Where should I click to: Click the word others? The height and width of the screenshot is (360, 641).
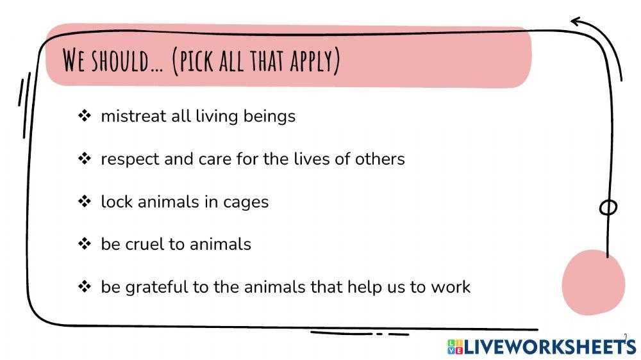(379, 158)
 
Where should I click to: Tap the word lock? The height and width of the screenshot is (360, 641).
(114, 202)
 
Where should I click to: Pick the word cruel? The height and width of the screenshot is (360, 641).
(144, 244)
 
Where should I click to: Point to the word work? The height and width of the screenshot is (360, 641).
(451, 286)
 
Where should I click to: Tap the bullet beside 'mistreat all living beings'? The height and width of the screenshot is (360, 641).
(85, 116)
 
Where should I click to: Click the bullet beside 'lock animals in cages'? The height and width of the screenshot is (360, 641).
(85, 202)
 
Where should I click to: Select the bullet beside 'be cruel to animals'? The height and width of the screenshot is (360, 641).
(85, 244)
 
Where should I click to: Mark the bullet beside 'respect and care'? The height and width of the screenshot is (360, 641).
(85, 159)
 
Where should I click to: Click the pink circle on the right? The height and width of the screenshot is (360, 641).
(593, 282)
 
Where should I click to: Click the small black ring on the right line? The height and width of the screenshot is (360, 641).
(608, 208)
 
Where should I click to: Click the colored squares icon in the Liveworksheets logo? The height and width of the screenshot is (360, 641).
(455, 347)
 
